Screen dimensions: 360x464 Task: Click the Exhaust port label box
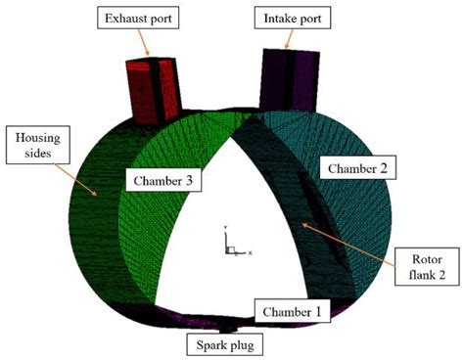coord(143,20)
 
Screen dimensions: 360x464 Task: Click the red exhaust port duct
coord(155,89)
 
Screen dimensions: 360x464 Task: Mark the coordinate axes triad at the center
coord(231,246)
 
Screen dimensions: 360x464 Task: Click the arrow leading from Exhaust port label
coord(148,45)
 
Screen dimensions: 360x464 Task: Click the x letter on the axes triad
coord(252,252)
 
